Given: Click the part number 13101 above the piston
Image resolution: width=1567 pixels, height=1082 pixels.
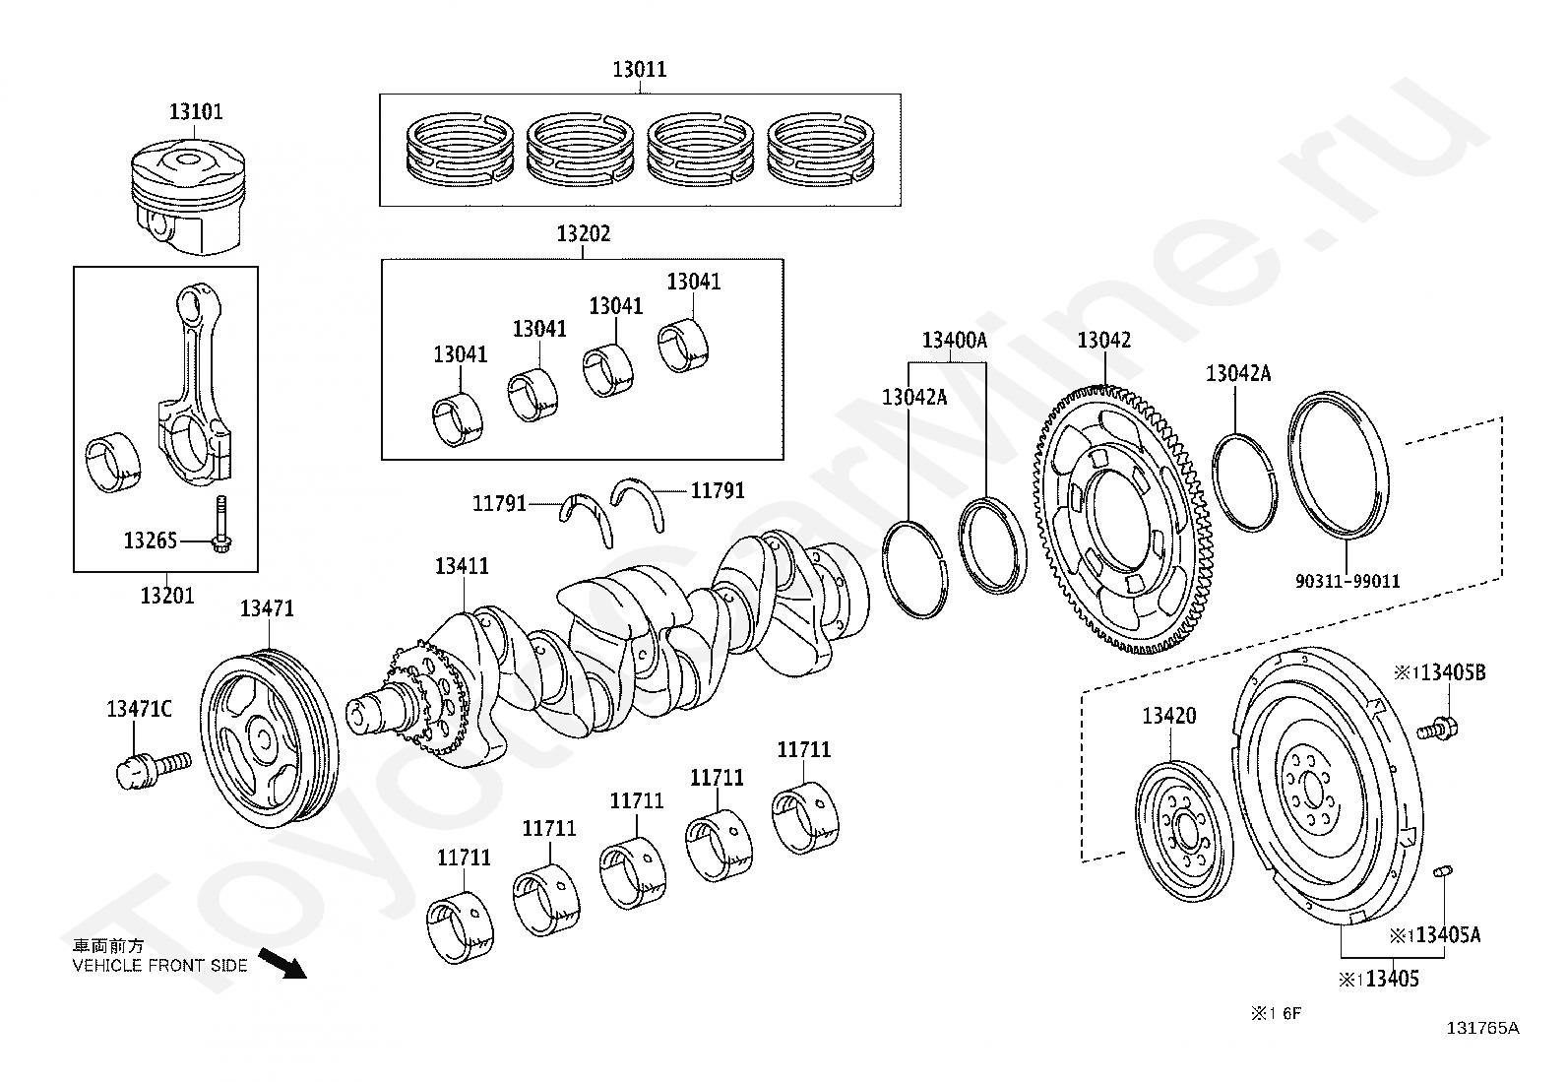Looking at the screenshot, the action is [196, 112].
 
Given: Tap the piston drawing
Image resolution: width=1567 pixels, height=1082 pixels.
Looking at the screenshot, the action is [189, 197].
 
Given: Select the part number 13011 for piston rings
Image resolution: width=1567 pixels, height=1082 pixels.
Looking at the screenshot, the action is [640, 70].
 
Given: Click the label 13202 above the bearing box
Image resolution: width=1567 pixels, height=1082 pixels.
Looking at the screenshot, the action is [584, 233].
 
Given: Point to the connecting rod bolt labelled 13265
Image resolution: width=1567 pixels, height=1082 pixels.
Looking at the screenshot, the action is [221, 525].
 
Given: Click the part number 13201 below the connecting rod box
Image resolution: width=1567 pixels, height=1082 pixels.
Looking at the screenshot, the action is [167, 596].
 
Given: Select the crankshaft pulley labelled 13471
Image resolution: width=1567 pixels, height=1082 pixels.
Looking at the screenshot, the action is [270, 737].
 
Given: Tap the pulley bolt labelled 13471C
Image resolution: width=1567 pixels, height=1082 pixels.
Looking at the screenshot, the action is [154, 771].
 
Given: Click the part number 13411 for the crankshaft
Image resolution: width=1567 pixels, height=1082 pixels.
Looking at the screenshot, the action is [462, 566].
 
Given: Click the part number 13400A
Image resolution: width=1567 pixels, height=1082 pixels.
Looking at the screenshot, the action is [954, 341].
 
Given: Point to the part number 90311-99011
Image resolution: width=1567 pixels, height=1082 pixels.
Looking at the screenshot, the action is [1348, 582].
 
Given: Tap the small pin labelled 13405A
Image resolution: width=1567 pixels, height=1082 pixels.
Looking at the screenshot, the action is [1442, 871].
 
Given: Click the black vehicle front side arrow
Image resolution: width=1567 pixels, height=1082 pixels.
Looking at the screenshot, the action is [282, 964].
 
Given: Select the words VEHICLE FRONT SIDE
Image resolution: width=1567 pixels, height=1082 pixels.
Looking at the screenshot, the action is [160, 966].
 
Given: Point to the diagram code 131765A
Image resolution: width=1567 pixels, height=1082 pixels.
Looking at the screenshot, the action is [1483, 1028].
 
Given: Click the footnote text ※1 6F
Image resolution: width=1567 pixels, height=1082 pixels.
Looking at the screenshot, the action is [1276, 1013].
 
